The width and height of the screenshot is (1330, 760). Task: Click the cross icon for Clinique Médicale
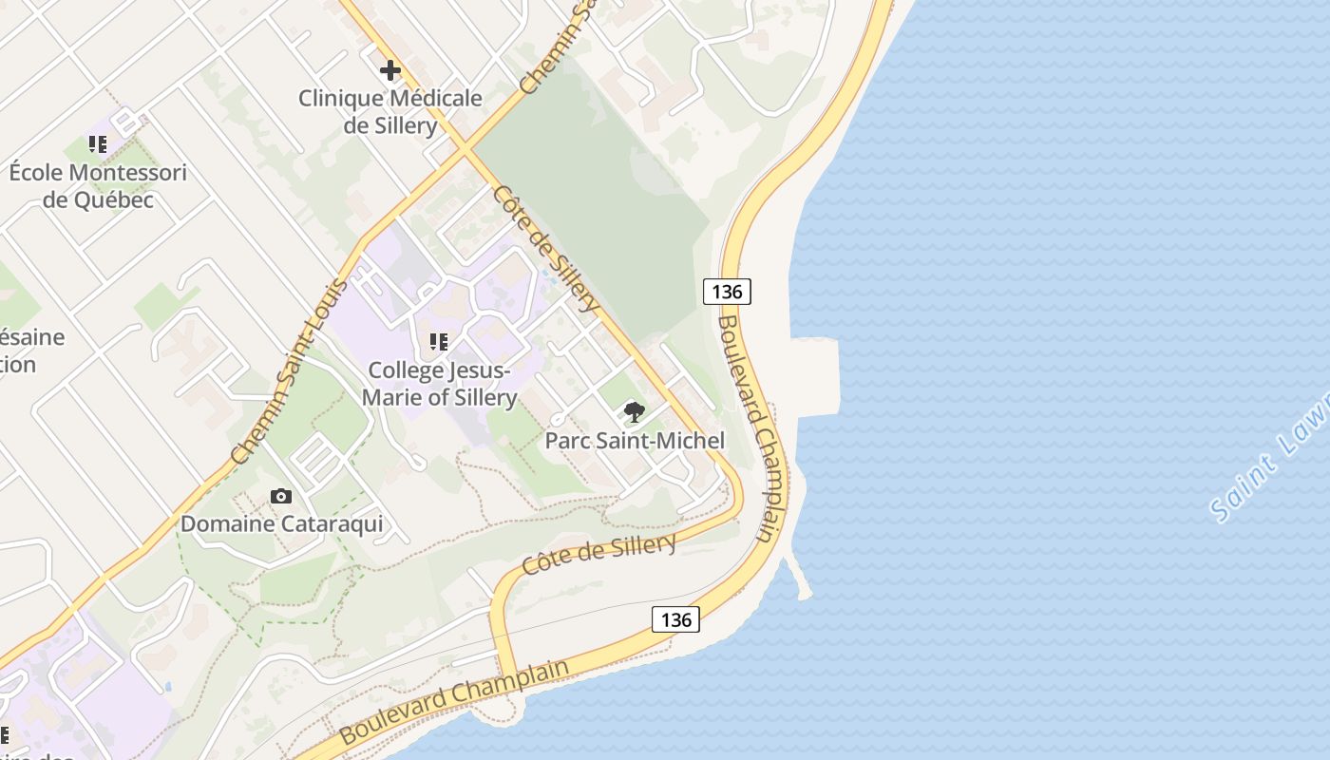click(x=390, y=70)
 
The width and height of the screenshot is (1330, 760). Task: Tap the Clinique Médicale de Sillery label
click(x=390, y=112)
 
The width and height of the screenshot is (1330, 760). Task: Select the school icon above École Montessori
click(x=98, y=144)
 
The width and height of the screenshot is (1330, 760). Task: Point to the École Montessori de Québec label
click(x=98, y=186)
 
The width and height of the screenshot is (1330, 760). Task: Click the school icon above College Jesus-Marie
click(x=438, y=342)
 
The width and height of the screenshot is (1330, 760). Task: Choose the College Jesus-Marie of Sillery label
click(x=439, y=384)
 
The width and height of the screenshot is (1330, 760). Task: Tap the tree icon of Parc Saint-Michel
click(x=634, y=412)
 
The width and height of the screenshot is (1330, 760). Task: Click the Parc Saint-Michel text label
click(x=635, y=441)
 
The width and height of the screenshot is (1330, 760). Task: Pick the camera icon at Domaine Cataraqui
click(x=281, y=496)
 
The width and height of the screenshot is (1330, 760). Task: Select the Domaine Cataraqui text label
click(x=282, y=524)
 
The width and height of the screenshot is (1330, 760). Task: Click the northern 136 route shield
click(x=727, y=291)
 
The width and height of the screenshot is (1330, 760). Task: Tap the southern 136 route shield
click(x=675, y=619)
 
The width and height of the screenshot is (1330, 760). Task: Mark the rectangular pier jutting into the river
click(x=817, y=376)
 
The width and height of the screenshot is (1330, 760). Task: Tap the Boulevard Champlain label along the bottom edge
click(x=454, y=701)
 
